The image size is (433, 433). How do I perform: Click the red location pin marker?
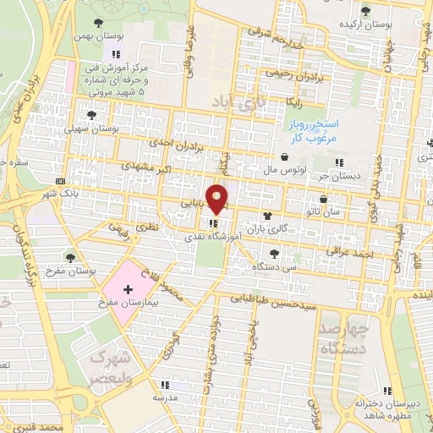click(217, 199)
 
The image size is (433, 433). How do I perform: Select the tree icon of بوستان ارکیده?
click(364, 12)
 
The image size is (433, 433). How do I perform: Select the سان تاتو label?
click(325, 211)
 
